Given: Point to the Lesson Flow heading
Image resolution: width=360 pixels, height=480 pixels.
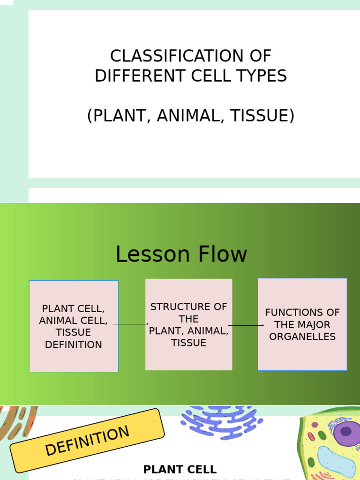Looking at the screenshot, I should pos(181,255).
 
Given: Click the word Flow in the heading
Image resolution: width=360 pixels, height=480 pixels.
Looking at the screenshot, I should pos(223,255).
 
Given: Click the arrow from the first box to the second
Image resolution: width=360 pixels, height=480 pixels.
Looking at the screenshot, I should pos(131,324).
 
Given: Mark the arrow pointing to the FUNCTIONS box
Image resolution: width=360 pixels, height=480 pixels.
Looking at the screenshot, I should pos(246,325).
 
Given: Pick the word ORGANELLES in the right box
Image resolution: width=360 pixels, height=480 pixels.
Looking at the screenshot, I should pos(302,337).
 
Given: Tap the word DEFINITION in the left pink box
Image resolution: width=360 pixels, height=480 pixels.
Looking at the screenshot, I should pos(74,345).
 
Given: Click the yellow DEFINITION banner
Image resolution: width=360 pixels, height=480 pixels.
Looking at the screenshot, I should pos(87,441).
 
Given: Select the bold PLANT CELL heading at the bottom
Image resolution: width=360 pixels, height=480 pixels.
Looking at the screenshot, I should pos(180,469).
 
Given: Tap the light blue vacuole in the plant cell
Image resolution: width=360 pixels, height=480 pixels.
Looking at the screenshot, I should pos(336,462).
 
